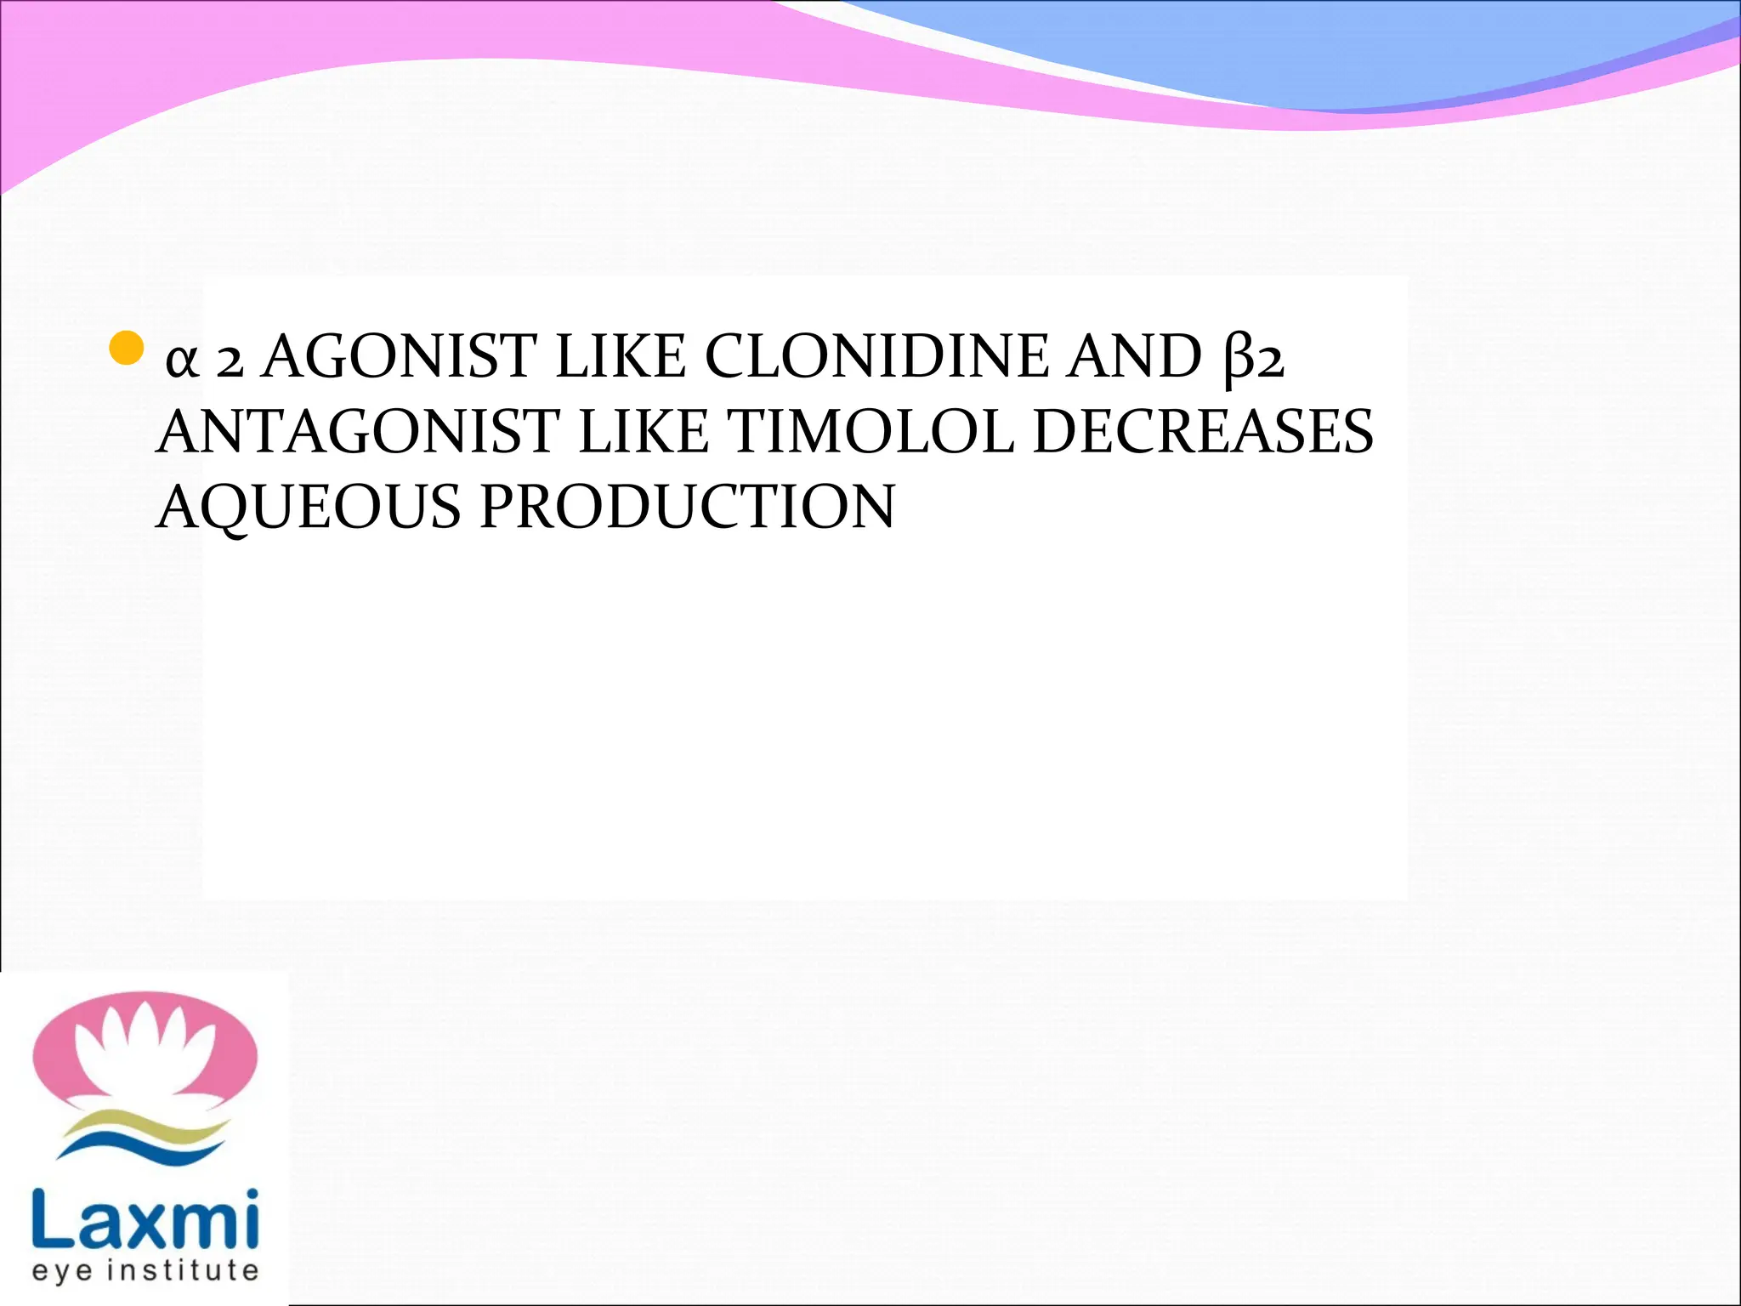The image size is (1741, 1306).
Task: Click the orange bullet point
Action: (x=127, y=347)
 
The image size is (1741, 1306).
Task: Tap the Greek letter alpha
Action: (x=182, y=361)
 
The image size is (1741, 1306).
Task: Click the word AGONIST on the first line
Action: (x=400, y=357)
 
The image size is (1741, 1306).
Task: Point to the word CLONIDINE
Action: (x=876, y=357)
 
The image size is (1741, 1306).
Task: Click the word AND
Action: (x=1135, y=357)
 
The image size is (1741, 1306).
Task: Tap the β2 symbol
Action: (x=1254, y=359)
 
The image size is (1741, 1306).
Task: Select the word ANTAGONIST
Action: (x=357, y=432)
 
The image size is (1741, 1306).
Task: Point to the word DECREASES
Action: (x=1202, y=432)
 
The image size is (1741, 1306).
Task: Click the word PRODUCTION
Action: (x=687, y=507)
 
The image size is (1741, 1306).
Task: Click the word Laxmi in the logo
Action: (x=145, y=1220)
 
